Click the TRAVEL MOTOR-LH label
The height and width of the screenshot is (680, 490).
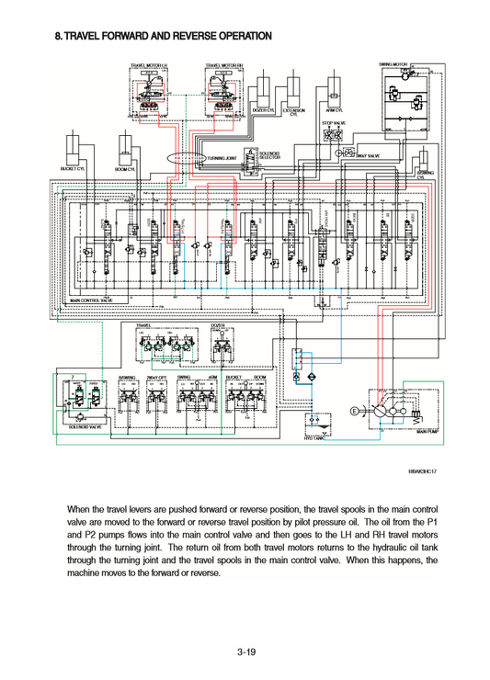pos(149,66)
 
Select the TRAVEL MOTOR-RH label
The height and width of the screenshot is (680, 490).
pos(224,66)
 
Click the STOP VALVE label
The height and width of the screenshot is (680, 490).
pos(334,122)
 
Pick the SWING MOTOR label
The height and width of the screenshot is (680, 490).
pos(393,65)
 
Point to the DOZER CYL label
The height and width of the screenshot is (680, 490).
pos(265,109)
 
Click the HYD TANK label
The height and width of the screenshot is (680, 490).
pos(314,439)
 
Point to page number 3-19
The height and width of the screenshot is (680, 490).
pos(245,653)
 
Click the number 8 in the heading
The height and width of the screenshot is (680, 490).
pos(58,38)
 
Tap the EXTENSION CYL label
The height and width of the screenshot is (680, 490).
pos(294,112)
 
